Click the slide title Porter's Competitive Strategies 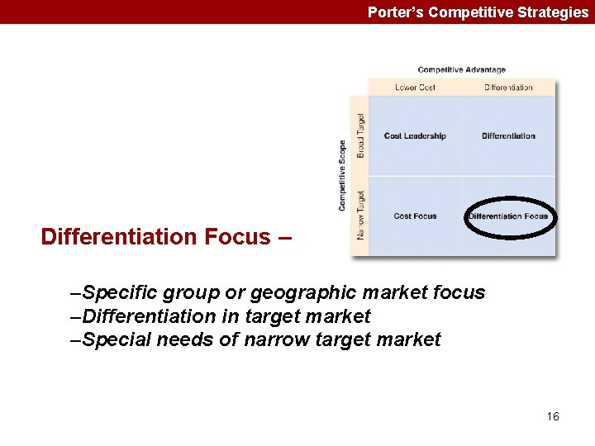(x=478, y=12)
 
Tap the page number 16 (x=553, y=416)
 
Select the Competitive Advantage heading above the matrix (x=461, y=69)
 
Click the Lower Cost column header (x=415, y=87)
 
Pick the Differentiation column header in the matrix (x=508, y=87)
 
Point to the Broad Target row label (x=360, y=135)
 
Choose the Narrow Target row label (x=360, y=215)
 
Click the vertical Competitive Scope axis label (x=342, y=174)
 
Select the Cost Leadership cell (x=415, y=135)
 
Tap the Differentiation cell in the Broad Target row (x=508, y=135)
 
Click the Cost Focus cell (x=415, y=216)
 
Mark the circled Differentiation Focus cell (x=508, y=216)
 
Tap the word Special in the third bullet (x=114, y=339)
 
